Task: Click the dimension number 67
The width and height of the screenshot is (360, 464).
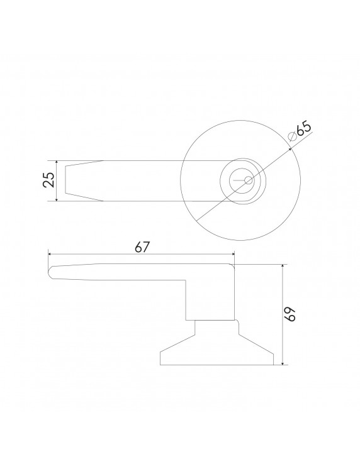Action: tap(142, 247)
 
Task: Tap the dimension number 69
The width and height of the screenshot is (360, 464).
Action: tap(291, 314)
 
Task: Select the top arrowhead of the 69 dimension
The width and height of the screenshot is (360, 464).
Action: tap(283, 267)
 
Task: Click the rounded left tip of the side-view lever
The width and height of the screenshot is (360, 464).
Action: tap(51, 271)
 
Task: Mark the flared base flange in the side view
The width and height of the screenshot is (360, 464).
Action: tap(217, 352)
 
